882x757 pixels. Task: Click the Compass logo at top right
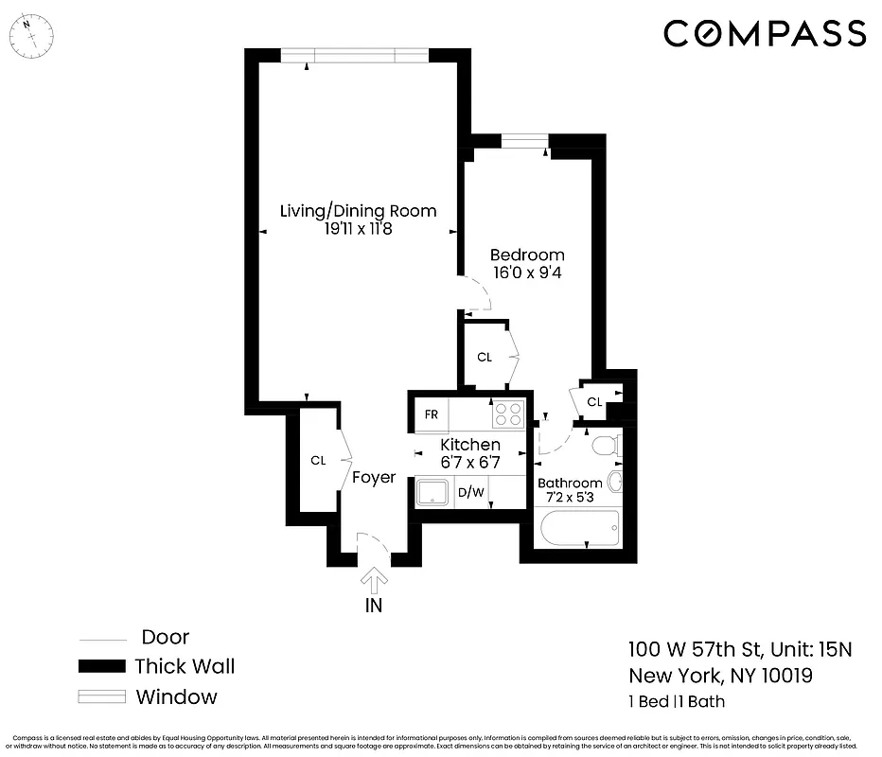pos(764,34)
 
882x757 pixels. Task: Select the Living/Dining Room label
pos(358,210)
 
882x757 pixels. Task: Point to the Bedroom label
pos(526,255)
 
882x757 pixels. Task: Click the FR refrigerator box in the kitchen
pos(431,414)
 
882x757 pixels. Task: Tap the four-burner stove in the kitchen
pos(508,414)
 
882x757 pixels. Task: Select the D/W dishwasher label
pos(470,492)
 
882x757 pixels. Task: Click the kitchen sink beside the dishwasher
pos(435,491)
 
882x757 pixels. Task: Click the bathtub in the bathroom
pos(576,527)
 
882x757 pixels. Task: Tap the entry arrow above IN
pos(375,579)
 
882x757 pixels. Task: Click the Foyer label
pos(374,478)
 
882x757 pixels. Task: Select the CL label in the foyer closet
pos(318,461)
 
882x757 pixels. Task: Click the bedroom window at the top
pos(525,142)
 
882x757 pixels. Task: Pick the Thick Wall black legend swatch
pos(100,666)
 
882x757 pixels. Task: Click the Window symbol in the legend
pos(100,697)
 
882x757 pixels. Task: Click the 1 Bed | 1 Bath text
pos(677,701)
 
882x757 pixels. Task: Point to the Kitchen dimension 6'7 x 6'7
pos(470,463)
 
